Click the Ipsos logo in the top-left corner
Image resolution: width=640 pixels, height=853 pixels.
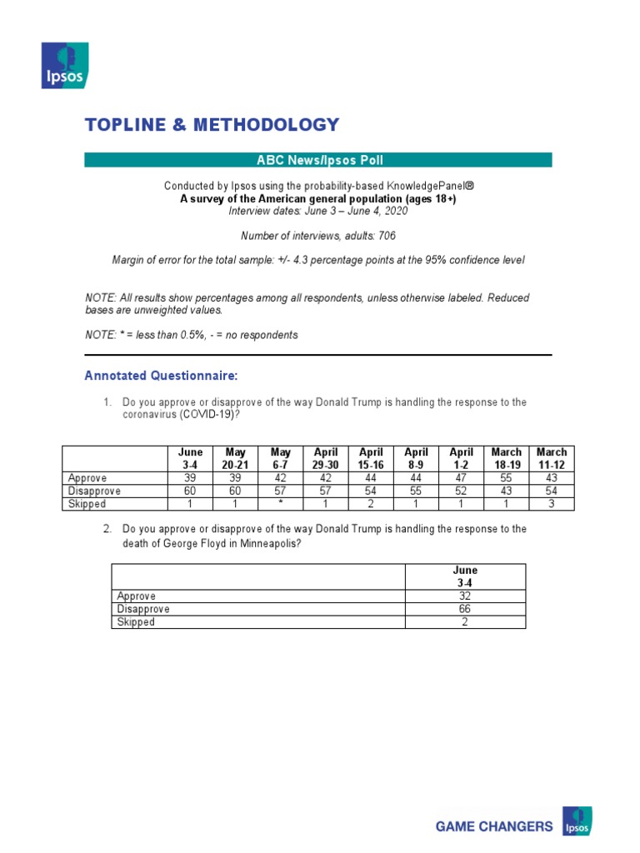[x=66, y=66]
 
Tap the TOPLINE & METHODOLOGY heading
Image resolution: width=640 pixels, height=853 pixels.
[x=212, y=125]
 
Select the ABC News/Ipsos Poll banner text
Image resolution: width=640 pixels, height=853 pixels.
[x=317, y=160]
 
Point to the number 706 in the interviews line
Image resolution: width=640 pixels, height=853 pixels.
[x=387, y=236]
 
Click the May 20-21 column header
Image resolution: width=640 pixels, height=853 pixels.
[x=236, y=458]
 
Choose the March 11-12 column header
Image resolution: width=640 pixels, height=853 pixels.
[x=551, y=458]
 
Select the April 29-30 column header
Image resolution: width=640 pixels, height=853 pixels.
[x=326, y=458]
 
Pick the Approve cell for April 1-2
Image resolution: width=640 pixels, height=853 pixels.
[x=461, y=478]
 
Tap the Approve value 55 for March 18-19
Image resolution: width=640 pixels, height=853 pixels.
[x=506, y=478]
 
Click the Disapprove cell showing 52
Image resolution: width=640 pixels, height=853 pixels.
[x=461, y=491]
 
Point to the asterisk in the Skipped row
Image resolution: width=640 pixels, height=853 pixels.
[x=281, y=504]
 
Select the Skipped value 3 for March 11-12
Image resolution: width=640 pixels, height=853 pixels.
[x=551, y=504]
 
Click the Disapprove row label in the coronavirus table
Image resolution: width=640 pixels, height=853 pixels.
[x=94, y=491]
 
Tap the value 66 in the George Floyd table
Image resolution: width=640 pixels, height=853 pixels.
[x=465, y=609]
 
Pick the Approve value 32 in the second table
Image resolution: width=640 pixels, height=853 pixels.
[x=465, y=596]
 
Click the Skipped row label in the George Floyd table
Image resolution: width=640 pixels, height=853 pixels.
[x=136, y=622]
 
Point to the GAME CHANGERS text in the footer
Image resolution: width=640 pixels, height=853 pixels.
[x=494, y=826]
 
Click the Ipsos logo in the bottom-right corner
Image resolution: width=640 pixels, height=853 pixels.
[x=577, y=821]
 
